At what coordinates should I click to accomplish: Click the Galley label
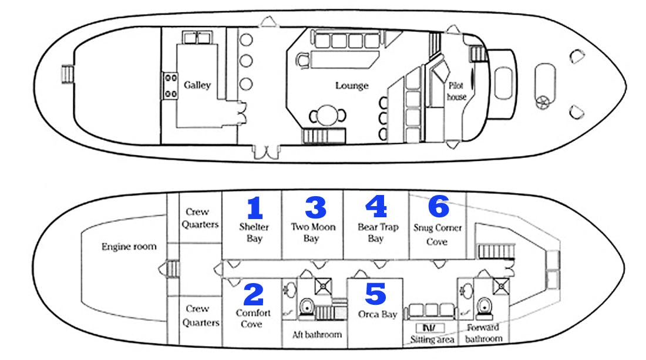197,85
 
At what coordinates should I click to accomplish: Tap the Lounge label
352,86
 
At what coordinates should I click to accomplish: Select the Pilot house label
456,91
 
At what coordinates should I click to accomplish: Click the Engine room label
129,247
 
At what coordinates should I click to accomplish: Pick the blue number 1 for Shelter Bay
254,208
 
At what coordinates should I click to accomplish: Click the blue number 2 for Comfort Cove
253,295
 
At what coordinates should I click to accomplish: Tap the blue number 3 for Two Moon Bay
315,208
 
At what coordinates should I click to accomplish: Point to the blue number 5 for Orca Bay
375,294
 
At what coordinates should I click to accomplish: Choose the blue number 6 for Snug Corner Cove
438,207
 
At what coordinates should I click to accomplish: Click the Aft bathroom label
317,335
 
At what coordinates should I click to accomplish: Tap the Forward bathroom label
483,333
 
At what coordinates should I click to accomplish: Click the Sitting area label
432,339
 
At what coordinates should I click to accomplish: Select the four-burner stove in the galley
171,85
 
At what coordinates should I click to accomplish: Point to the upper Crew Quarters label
200,218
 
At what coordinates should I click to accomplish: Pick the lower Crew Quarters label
200,315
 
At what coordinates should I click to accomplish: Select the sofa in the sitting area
432,311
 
